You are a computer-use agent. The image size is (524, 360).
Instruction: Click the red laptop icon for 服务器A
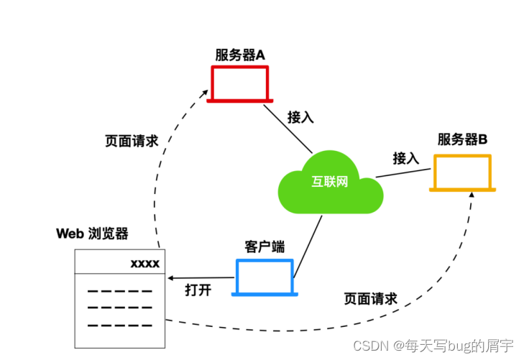coord(239,83)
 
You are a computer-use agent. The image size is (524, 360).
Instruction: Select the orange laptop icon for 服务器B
coord(462,172)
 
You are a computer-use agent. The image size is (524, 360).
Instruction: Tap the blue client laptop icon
coord(265,276)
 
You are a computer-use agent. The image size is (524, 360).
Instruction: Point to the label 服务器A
coord(241,54)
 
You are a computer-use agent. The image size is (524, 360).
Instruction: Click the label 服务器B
coord(462,139)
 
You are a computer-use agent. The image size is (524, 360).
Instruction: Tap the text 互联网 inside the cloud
coord(330,181)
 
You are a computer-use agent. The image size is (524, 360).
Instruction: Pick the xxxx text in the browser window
coord(144,263)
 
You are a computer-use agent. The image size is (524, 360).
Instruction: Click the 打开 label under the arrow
coord(198,291)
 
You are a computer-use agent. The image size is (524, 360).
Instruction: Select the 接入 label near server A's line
coord(300,116)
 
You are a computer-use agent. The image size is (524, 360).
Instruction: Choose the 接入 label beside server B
coord(405,157)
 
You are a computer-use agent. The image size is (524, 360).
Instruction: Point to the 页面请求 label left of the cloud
coord(132,141)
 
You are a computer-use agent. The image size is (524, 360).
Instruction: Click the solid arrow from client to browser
coord(201,277)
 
